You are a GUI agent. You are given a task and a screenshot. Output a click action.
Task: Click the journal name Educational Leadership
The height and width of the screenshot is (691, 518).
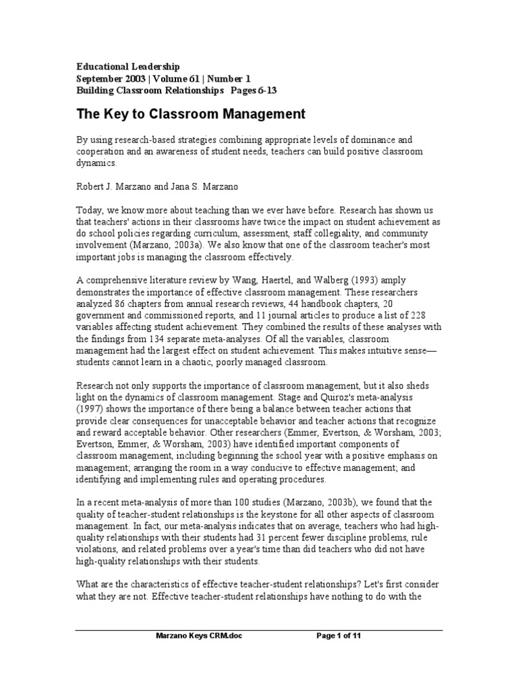click(127, 66)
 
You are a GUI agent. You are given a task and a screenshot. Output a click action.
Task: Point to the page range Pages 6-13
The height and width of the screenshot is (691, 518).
click(254, 90)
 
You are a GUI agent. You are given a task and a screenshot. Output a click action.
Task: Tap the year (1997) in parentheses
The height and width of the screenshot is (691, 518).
click(90, 409)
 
